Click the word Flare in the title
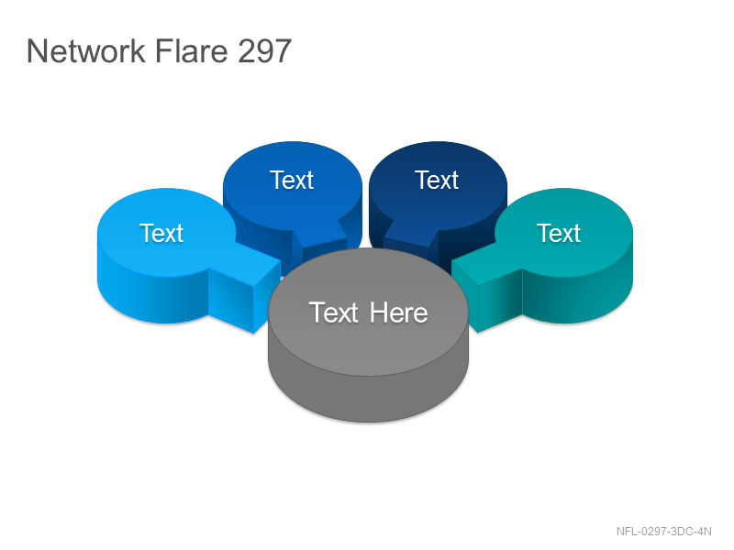tap(191, 50)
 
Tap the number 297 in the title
tap(264, 50)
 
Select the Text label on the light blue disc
tap(161, 233)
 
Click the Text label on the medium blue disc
tap(292, 180)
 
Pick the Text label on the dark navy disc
tap(437, 180)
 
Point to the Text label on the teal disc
tap(559, 233)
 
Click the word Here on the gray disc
tap(398, 313)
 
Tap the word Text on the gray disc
tap(334, 313)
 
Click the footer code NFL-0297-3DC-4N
tap(663, 532)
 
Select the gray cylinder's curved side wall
tap(368, 398)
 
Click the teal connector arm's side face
tap(499, 300)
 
